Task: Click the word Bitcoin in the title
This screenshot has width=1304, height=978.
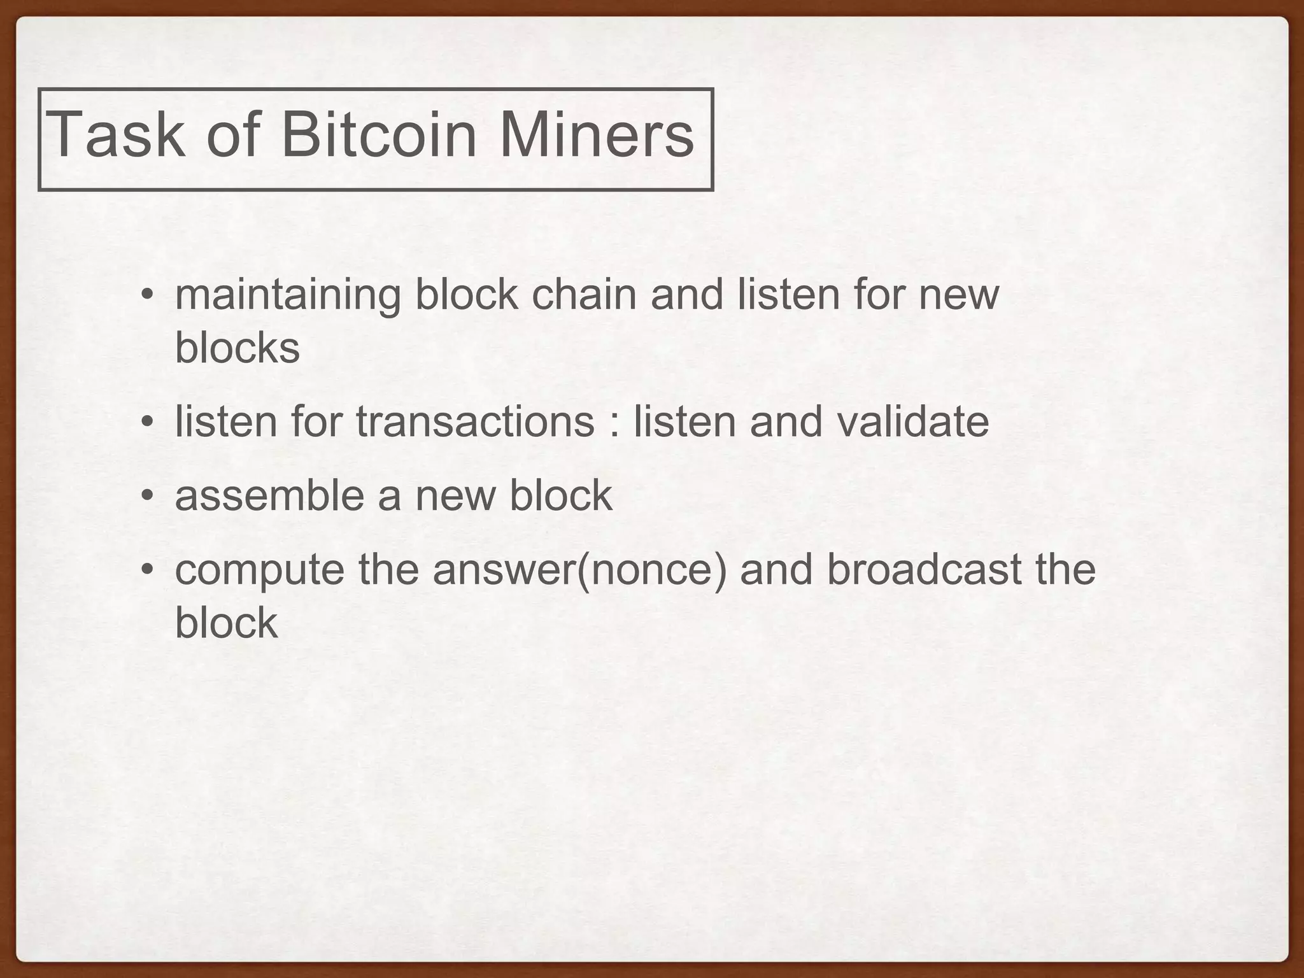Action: pos(378,135)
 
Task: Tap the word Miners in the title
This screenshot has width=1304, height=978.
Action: pos(596,135)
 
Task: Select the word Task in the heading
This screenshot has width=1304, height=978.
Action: pos(115,135)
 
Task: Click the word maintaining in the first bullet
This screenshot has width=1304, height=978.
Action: pos(288,295)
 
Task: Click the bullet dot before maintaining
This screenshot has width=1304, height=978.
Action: pos(147,296)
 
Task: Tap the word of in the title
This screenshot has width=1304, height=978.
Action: pos(232,135)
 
